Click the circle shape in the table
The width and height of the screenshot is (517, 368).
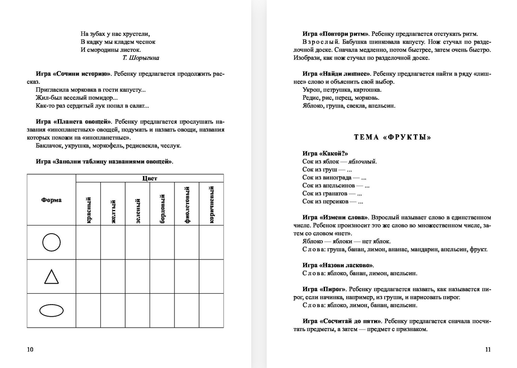[x=51, y=242]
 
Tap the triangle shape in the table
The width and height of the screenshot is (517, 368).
[x=51, y=277]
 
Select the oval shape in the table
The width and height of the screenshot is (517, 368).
[x=51, y=310]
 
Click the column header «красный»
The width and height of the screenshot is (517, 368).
[x=89, y=210]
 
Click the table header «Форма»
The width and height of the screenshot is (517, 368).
[x=51, y=200]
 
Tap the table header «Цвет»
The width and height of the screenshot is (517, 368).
[x=150, y=178]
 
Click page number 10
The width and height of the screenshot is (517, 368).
[x=30, y=349]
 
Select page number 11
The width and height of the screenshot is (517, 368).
[x=488, y=349]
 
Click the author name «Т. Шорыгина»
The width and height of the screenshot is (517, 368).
[x=141, y=58]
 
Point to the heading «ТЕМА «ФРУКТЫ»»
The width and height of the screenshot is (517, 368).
[x=392, y=137]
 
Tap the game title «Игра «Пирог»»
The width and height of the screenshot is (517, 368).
[x=324, y=289]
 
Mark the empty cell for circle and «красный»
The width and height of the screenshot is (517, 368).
[x=88, y=242]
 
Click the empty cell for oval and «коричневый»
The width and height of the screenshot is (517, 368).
[x=211, y=310]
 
